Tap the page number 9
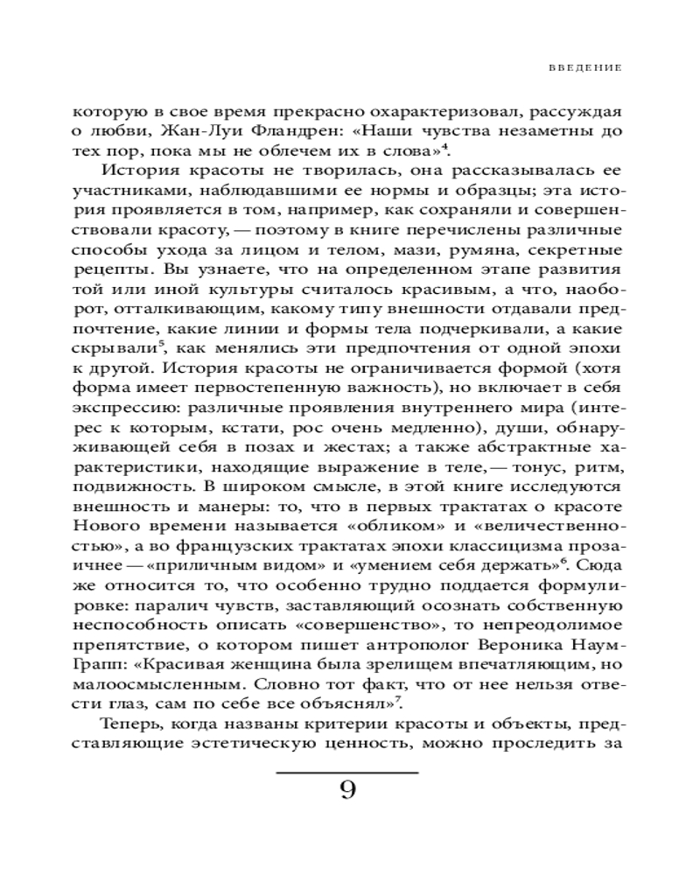click(347, 792)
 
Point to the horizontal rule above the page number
click(347, 772)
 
